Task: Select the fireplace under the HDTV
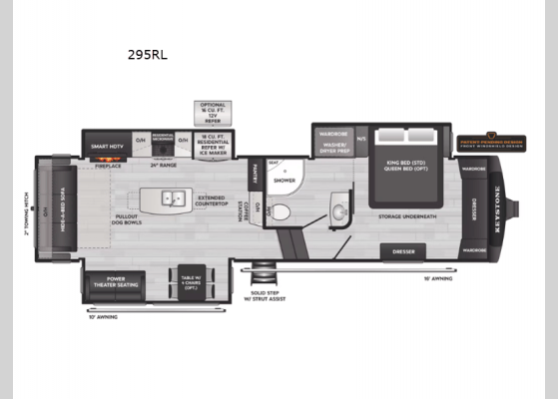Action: pos(109,166)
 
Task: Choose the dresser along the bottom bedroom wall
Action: pos(403,251)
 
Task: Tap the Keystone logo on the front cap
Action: pos(500,211)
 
